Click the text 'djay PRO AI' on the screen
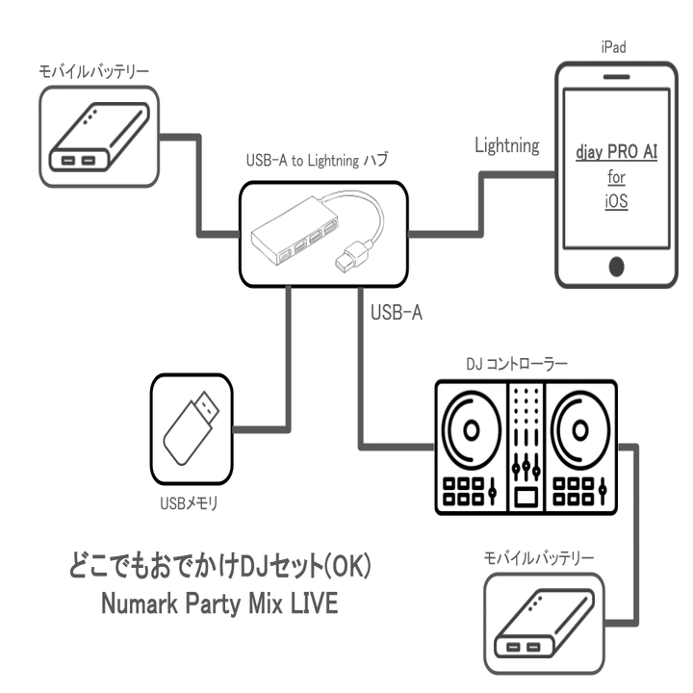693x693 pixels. [x=617, y=152]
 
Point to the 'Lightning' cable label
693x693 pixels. [x=507, y=146]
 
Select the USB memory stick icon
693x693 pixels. [x=193, y=423]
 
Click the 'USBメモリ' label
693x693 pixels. [x=192, y=500]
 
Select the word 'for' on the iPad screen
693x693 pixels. [x=617, y=178]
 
